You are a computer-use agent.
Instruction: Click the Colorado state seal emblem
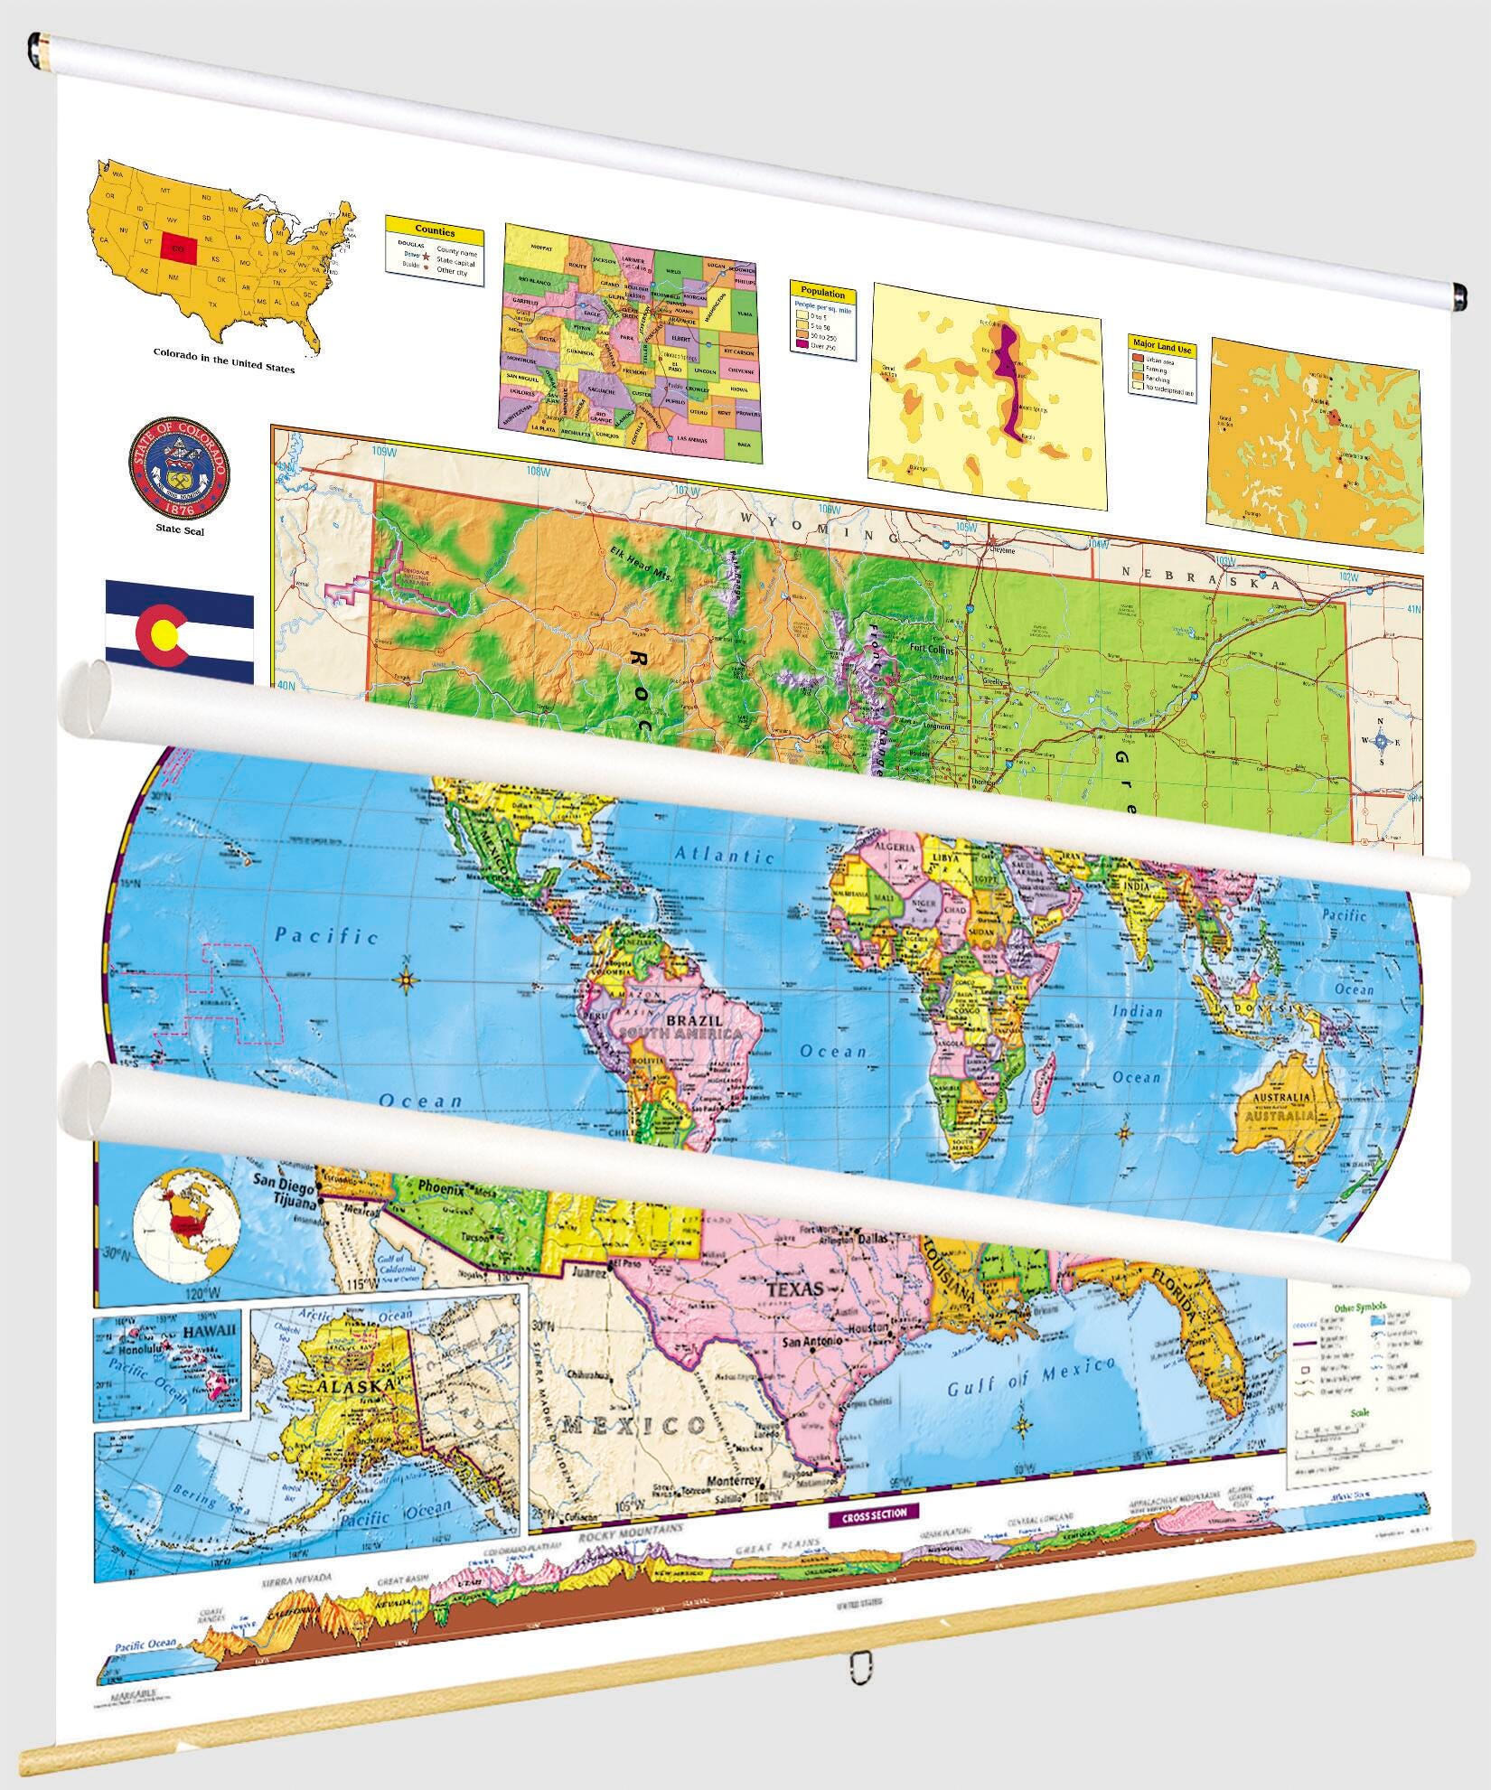(x=178, y=470)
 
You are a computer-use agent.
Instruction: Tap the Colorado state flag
(x=179, y=630)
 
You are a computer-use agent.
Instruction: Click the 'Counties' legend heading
(x=434, y=232)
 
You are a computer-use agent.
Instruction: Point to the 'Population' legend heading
(x=822, y=294)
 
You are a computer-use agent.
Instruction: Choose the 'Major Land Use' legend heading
(x=1162, y=348)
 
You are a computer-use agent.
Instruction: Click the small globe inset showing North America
(x=186, y=1222)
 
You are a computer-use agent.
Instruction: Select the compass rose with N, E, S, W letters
(x=1382, y=742)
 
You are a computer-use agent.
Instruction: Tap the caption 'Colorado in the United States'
(x=224, y=367)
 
